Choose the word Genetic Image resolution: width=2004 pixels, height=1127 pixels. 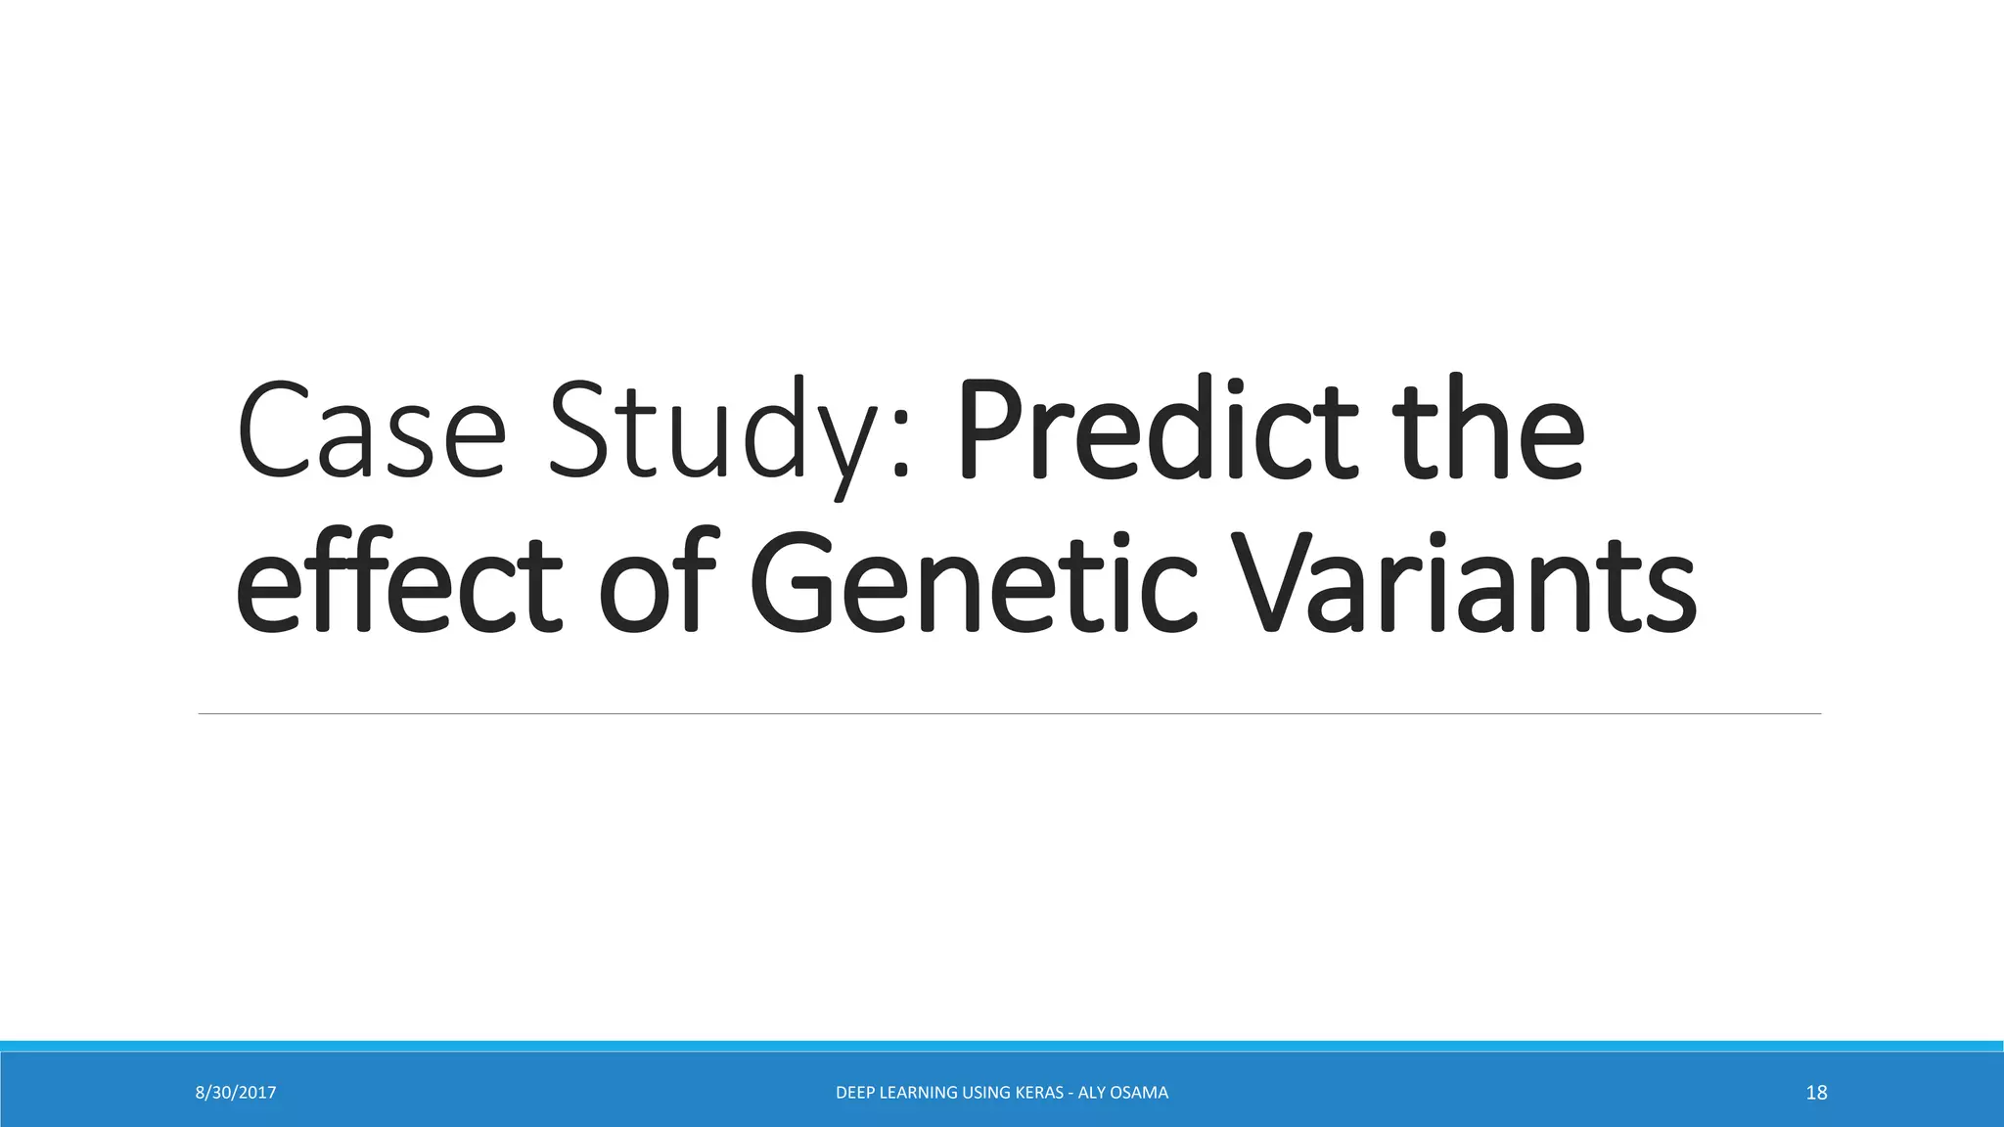[974, 584]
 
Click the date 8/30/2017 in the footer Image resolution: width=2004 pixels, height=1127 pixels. [236, 1093]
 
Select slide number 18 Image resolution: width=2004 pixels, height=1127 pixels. [1816, 1093]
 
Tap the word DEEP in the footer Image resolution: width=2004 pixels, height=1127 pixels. [856, 1093]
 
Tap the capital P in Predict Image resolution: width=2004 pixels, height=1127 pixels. [989, 433]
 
